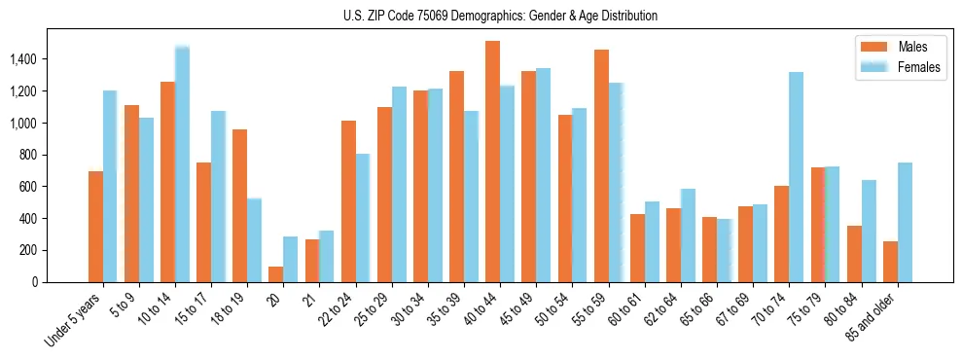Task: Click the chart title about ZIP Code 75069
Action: tap(500, 16)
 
